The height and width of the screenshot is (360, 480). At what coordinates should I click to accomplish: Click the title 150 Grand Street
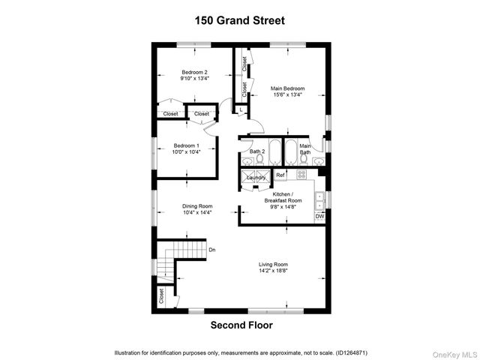240,20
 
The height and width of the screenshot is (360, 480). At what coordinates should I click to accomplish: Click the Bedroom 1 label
187,145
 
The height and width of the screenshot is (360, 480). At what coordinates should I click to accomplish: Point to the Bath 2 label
257,151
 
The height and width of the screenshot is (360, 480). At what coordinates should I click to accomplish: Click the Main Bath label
305,149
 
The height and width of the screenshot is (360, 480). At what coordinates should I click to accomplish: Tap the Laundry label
256,178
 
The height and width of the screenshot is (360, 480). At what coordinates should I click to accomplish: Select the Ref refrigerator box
280,175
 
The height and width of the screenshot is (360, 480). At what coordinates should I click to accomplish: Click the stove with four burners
301,174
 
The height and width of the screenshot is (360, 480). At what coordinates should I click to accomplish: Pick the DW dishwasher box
319,217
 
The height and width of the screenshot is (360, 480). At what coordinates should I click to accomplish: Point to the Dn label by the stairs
212,250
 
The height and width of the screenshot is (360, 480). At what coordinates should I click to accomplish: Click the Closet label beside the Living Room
161,297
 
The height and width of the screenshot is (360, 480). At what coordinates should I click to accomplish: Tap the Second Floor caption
241,325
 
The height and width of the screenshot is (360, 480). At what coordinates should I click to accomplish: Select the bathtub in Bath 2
274,152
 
